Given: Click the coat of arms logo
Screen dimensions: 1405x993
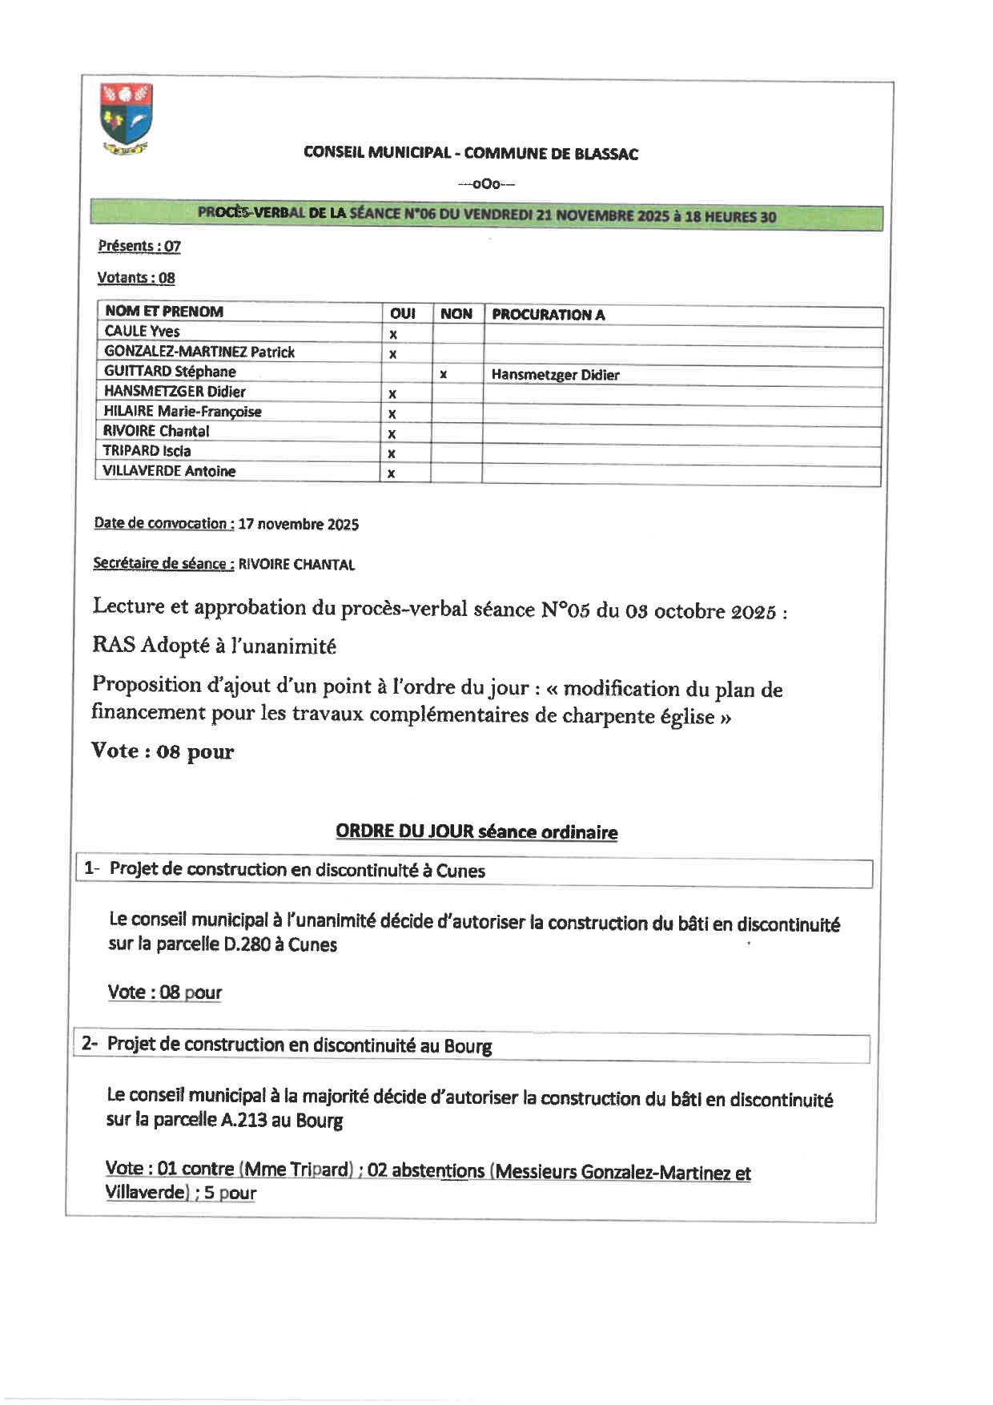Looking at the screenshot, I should click(x=127, y=118).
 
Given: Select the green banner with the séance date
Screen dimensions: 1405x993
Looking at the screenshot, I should click(x=486, y=215).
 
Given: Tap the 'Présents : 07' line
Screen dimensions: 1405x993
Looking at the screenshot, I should click(x=139, y=246).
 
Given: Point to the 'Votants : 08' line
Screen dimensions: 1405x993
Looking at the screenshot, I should click(x=135, y=278).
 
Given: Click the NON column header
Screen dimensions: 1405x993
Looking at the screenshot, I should click(x=456, y=314).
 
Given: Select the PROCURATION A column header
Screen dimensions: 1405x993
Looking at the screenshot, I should click(x=548, y=315).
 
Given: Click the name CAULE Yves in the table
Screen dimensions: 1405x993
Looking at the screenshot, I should click(x=142, y=332).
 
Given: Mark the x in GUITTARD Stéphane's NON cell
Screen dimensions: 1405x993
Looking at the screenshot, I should click(x=443, y=374).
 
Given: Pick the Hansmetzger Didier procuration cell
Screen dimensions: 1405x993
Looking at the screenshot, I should click(x=555, y=375).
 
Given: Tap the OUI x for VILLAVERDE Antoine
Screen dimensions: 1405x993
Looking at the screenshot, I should click(x=391, y=473).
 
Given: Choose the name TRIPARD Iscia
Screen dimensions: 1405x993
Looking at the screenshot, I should click(x=147, y=451).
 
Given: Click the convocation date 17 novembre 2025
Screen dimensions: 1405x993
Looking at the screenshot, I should click(x=298, y=525).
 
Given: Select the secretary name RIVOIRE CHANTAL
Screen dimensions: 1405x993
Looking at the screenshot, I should click(x=296, y=565).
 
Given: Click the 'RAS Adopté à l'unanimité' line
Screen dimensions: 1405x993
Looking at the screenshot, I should click(x=214, y=646).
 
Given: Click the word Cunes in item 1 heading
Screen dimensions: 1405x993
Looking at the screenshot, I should click(x=460, y=872).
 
